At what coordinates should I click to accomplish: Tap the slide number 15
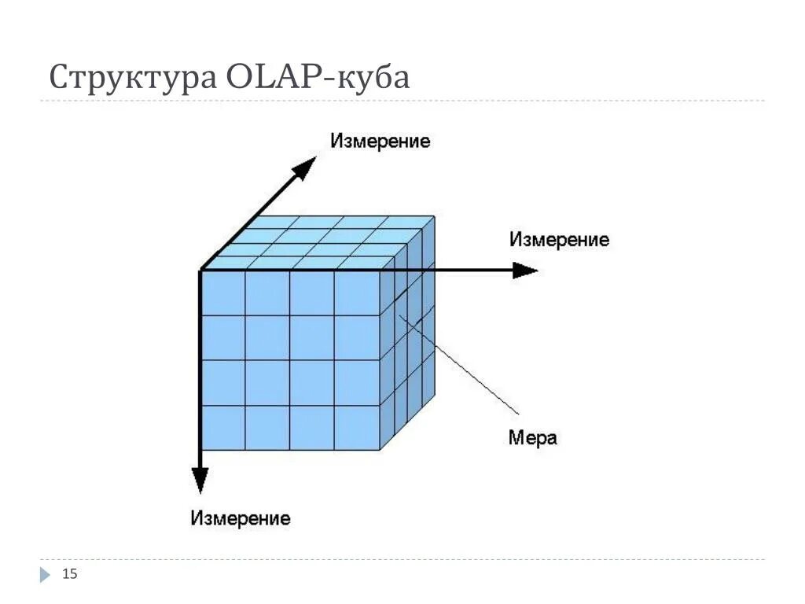(70, 574)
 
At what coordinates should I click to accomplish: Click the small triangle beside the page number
(45, 575)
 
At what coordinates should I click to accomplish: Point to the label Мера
(532, 438)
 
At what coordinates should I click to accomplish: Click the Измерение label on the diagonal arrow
(380, 142)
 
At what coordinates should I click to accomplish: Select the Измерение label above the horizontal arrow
(559, 240)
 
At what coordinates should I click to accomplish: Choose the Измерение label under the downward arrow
(240, 518)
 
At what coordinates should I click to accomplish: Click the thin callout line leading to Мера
(464, 366)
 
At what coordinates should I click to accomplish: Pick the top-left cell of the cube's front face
(223, 293)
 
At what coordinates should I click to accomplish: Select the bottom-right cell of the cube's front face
(358, 428)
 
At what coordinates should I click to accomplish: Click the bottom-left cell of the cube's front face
(223, 428)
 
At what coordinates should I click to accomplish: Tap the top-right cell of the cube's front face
(358, 293)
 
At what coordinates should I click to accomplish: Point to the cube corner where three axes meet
(201, 271)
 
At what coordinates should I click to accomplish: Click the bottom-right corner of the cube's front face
(380, 450)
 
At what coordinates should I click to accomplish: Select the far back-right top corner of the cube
(435, 216)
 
